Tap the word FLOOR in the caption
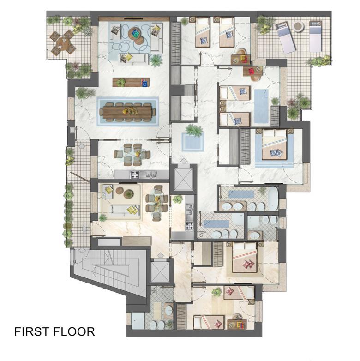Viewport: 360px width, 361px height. click(74, 332)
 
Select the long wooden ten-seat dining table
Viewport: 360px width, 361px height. click(127, 112)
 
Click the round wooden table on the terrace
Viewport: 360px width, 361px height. click(63, 43)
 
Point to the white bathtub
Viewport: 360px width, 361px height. click(273, 198)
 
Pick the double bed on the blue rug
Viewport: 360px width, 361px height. click(274, 144)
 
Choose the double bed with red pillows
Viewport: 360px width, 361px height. click(245, 258)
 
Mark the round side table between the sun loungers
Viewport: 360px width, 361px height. click(299, 26)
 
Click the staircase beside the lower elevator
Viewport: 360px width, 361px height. click(110, 267)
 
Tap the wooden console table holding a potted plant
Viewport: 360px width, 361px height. click(131, 83)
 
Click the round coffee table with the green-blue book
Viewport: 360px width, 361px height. click(136, 35)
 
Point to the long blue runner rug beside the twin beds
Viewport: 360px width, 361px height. click(261, 106)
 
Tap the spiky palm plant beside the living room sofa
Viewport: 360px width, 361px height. click(156, 60)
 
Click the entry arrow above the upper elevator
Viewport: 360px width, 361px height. click(183, 161)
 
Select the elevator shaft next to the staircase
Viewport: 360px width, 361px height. click(160, 271)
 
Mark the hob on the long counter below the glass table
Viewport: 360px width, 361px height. click(135, 175)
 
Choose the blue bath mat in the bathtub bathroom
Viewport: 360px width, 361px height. click(241, 194)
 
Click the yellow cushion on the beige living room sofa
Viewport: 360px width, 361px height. click(131, 210)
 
